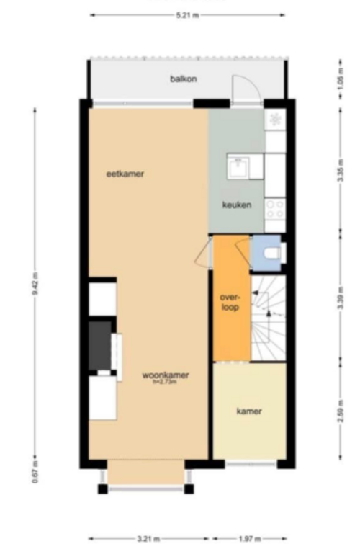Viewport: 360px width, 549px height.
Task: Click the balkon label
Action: (183, 79)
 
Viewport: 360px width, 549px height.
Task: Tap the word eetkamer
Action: (125, 174)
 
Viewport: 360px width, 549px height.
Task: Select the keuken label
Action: (237, 205)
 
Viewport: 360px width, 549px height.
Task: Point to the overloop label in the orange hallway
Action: (229, 301)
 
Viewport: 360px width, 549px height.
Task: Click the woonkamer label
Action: (165, 375)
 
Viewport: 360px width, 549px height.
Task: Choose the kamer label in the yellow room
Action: (249, 411)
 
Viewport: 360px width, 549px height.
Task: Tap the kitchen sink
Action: (238, 166)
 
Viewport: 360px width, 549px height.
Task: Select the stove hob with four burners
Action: (275, 210)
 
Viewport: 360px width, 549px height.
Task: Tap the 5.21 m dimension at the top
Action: (186, 14)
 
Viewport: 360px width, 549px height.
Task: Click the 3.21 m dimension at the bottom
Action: (149, 538)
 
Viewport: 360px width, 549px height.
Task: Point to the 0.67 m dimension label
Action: (35, 476)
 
